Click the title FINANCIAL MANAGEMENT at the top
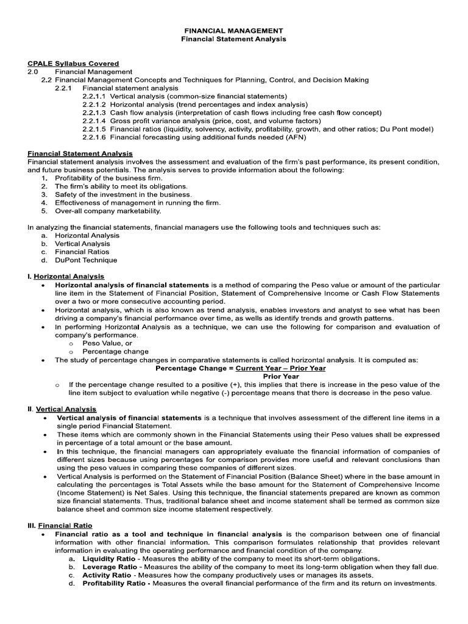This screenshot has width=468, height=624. (x=234, y=30)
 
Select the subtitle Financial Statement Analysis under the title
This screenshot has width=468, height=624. (x=234, y=39)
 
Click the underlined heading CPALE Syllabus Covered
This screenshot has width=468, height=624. (x=73, y=63)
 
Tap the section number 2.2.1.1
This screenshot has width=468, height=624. (x=94, y=96)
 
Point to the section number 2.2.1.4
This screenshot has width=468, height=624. (x=94, y=121)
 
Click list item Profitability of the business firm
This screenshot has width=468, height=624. (x=108, y=178)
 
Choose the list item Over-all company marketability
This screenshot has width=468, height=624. (x=108, y=211)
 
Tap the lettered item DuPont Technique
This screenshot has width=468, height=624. (x=86, y=260)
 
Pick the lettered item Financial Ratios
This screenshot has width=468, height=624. (x=82, y=252)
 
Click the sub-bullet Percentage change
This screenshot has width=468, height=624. (x=115, y=352)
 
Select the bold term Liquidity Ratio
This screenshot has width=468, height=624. (x=107, y=559)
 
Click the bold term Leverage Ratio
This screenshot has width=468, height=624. (x=107, y=567)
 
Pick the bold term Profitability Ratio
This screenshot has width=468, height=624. (x=116, y=583)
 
